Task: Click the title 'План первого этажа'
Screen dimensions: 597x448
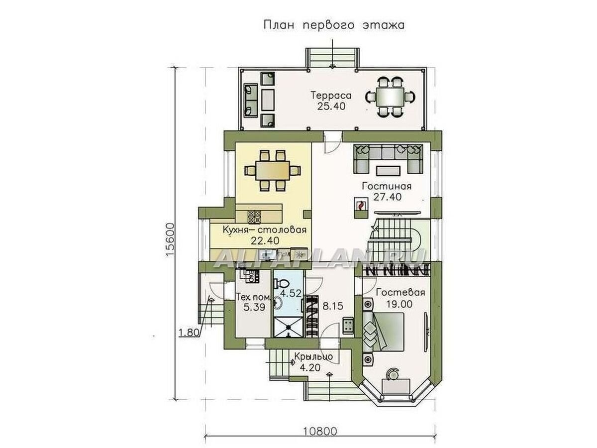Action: pyautogui.click(x=334, y=25)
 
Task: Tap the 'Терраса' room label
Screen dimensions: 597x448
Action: pyautogui.click(x=331, y=96)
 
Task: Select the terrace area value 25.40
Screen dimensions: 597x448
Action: pyautogui.click(x=331, y=106)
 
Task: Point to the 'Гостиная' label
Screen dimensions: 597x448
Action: pyautogui.click(x=387, y=186)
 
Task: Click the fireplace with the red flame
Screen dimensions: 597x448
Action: pyautogui.click(x=361, y=206)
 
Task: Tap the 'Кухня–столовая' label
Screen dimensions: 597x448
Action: pyautogui.click(x=265, y=230)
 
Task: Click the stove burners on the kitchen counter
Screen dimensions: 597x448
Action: pyautogui.click(x=255, y=217)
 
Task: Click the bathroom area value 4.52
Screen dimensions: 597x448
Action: pyautogui.click(x=291, y=294)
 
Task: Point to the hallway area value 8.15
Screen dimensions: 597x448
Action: pyautogui.click(x=333, y=306)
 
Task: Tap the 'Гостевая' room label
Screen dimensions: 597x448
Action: pyautogui.click(x=400, y=293)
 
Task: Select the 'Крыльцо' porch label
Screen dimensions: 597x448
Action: pyautogui.click(x=313, y=356)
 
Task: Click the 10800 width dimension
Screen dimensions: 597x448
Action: pyautogui.click(x=320, y=432)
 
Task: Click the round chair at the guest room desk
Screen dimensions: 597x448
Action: pyautogui.click(x=392, y=374)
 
